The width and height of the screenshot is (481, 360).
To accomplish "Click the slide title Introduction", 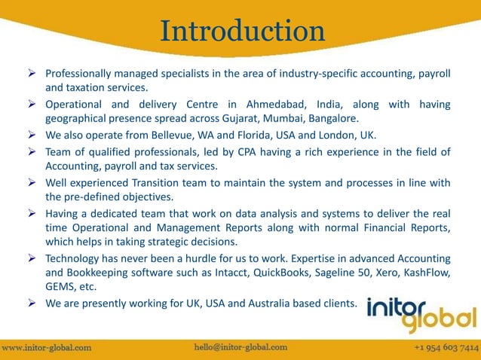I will pyautogui.click(x=241, y=32).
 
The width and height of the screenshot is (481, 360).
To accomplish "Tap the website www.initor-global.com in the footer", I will pyautogui.click(x=47, y=348).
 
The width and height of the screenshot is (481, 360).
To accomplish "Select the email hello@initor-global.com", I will pyautogui.click(x=240, y=347).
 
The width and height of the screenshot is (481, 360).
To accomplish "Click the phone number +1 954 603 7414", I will pyautogui.click(x=446, y=348).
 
